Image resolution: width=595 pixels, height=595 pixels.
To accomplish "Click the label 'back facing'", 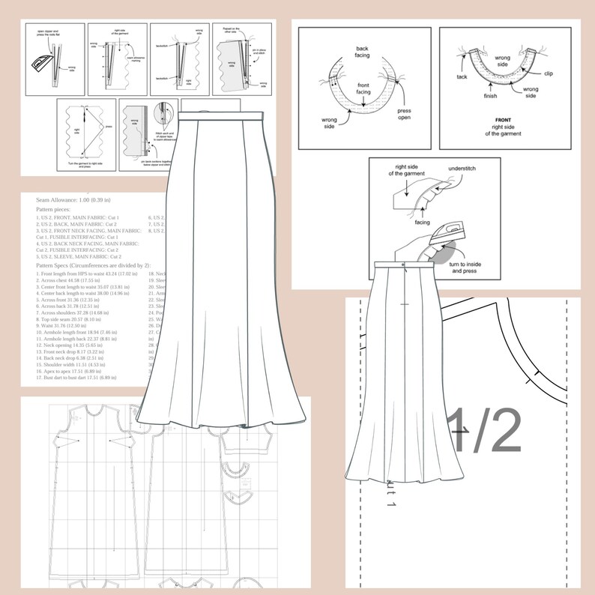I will [367, 51].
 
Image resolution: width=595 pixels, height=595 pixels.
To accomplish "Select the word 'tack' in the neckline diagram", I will [462, 76].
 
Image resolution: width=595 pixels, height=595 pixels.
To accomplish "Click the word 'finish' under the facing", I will [491, 95].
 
